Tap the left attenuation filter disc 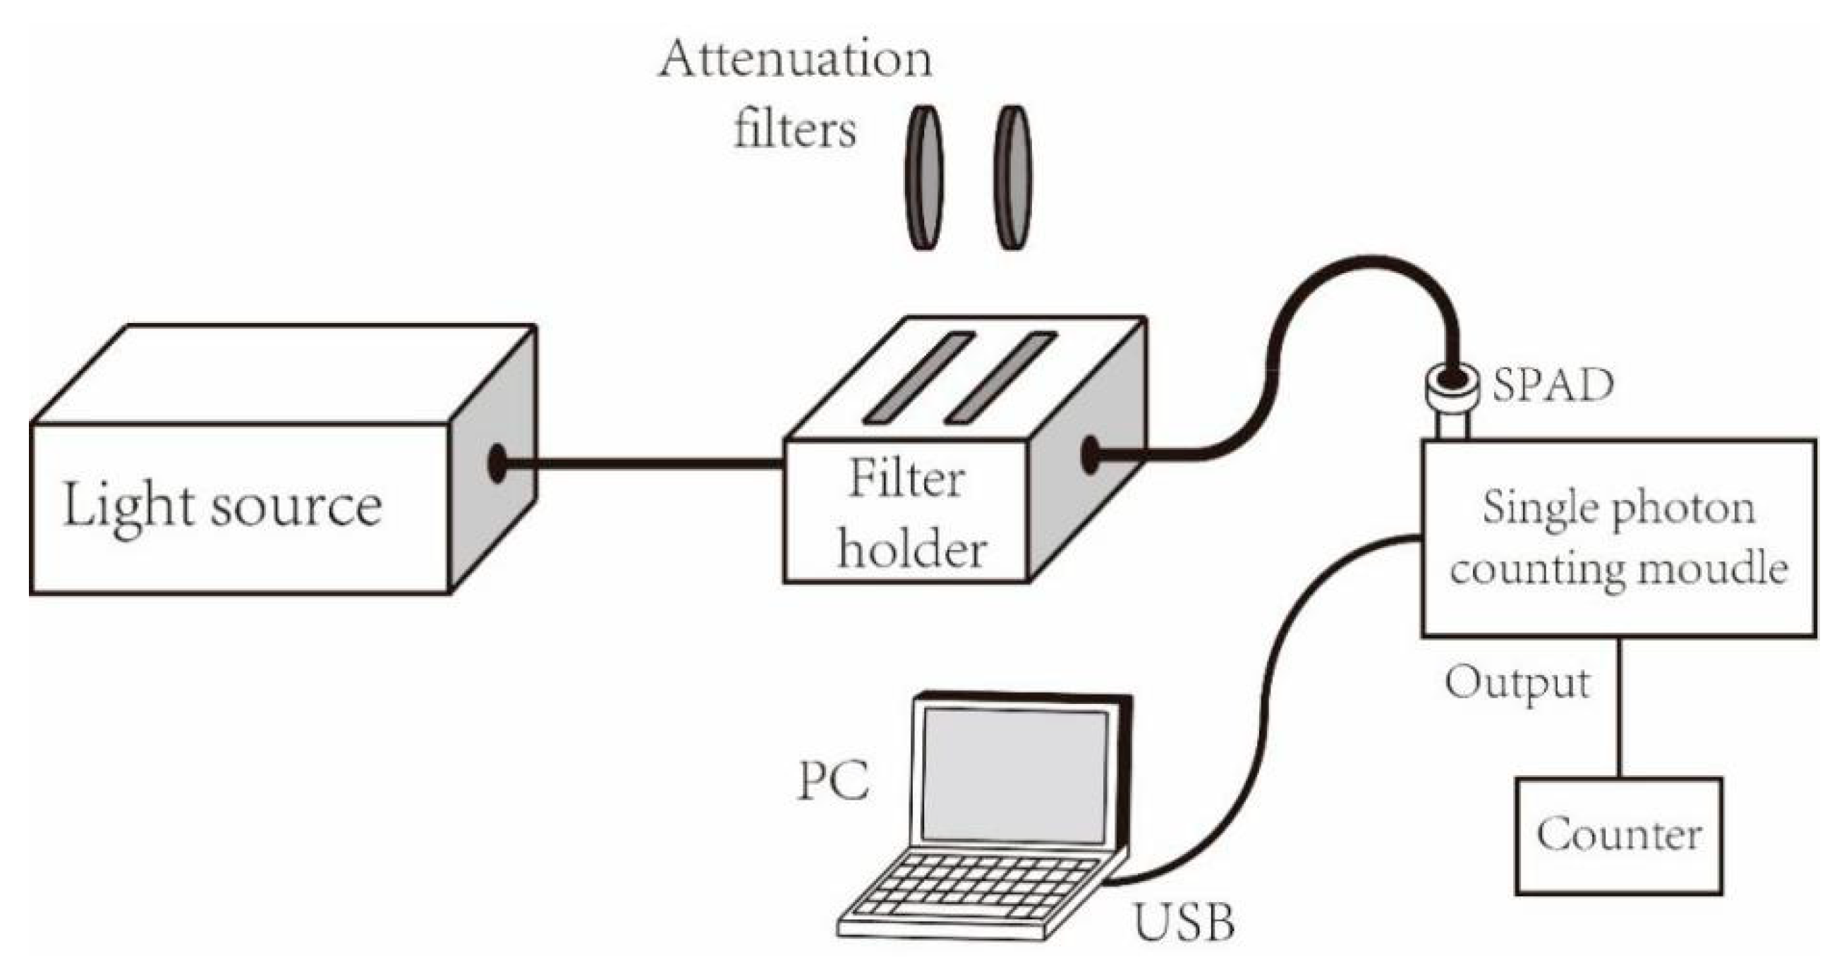924,178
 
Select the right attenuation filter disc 1012,178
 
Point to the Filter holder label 909,514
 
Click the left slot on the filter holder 919,378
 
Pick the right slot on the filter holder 1002,378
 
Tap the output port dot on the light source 497,463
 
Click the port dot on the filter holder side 1089,454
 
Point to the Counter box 1618,835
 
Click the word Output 1517,683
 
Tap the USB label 1184,923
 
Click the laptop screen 1014,776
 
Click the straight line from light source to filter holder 644,463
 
